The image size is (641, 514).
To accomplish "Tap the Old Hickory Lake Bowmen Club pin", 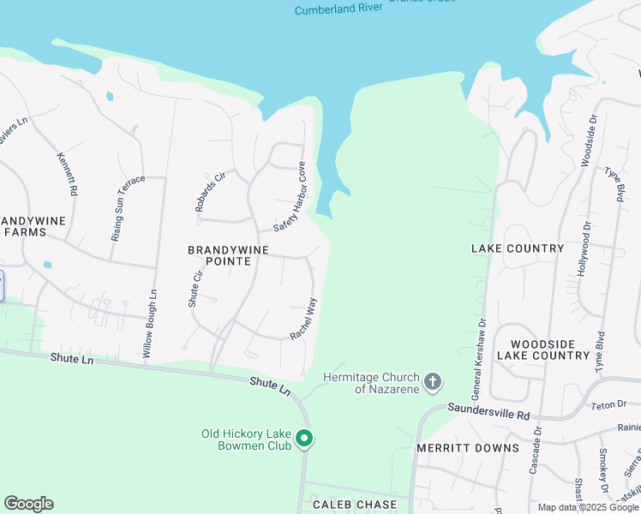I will (x=303, y=439).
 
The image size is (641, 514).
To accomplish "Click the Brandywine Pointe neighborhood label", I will (x=219, y=254).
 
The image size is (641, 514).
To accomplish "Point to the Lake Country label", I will (x=518, y=248).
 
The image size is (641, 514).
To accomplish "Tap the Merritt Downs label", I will (x=468, y=448).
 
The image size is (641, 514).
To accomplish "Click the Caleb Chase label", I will (x=354, y=505).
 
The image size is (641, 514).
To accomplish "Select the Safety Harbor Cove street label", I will (x=290, y=196).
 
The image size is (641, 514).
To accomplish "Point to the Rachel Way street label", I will (x=303, y=319).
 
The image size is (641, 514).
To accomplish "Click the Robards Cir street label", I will (x=209, y=191).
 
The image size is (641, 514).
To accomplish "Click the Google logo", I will (x=28, y=504).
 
